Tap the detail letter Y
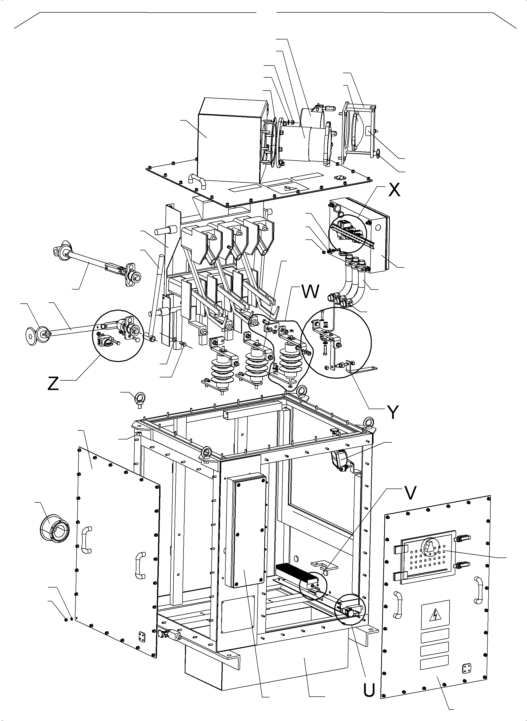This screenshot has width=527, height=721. (x=393, y=412)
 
